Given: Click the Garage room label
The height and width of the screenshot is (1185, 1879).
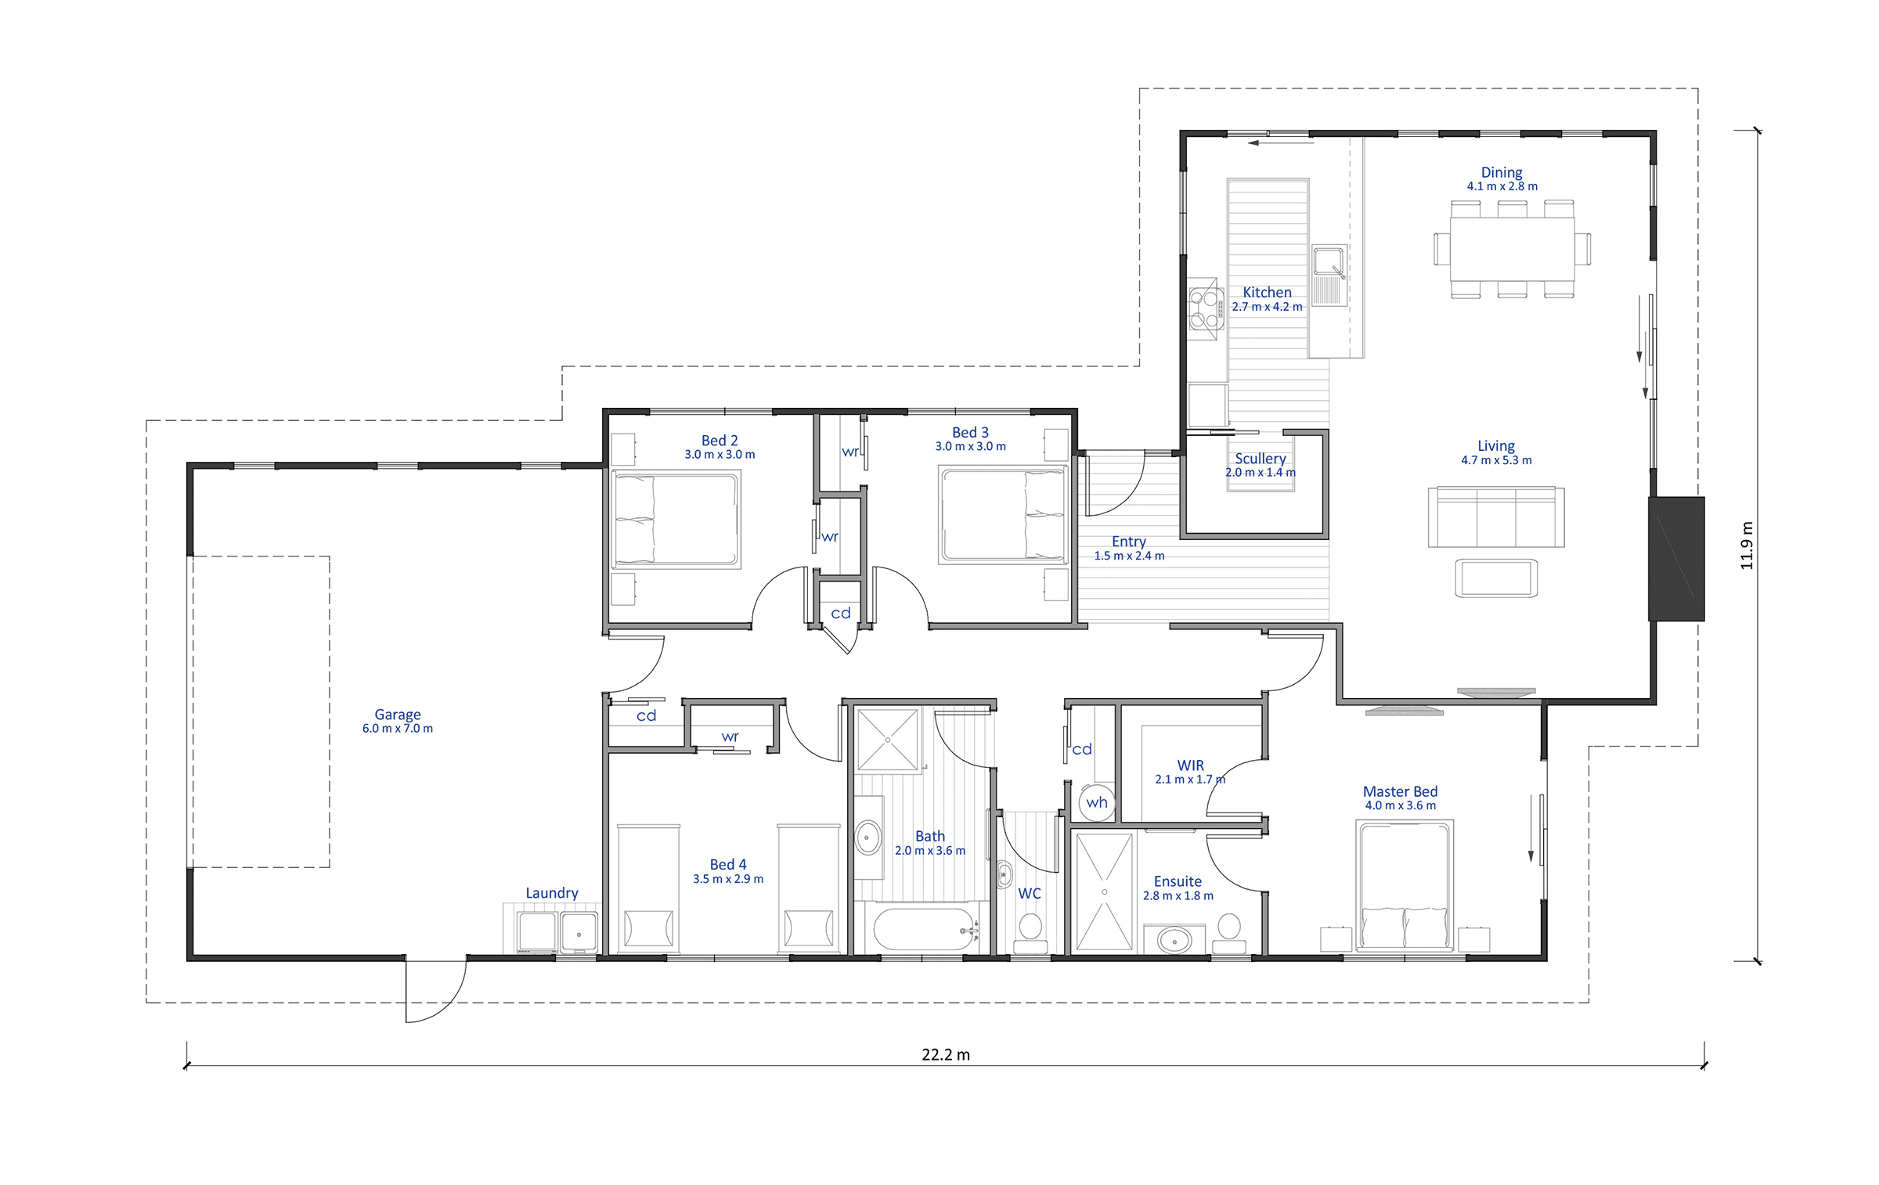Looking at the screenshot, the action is (398, 715).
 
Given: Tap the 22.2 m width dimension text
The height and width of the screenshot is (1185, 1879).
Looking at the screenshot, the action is (946, 1054).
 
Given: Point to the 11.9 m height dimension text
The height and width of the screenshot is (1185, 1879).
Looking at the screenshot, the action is (1747, 545).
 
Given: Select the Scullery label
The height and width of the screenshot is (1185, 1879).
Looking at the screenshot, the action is (1260, 458).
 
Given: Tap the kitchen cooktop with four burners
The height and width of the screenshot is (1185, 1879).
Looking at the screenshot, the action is (1204, 309).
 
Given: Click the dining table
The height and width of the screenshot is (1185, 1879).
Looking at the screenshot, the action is (1512, 249).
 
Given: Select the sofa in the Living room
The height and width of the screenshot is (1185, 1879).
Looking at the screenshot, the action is (1496, 517).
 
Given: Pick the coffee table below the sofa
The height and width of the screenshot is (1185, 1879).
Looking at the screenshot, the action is (1496, 578).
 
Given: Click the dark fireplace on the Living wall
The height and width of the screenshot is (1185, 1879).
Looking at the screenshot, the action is (1676, 559).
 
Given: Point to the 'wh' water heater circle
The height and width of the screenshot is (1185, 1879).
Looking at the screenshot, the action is (1097, 802).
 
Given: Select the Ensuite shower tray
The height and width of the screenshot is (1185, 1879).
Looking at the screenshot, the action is (1105, 891).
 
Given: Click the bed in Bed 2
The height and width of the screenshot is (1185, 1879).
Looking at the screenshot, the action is (675, 518).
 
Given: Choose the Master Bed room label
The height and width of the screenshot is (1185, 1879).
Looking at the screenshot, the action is (1400, 791).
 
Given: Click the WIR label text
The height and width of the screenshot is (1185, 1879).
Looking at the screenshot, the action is (1190, 765).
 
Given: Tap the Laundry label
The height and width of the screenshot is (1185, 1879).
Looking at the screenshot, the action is (552, 893).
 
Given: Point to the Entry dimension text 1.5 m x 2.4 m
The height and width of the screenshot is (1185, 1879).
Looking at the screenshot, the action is (1129, 556).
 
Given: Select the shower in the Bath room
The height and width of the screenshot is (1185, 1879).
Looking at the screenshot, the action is (888, 740).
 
